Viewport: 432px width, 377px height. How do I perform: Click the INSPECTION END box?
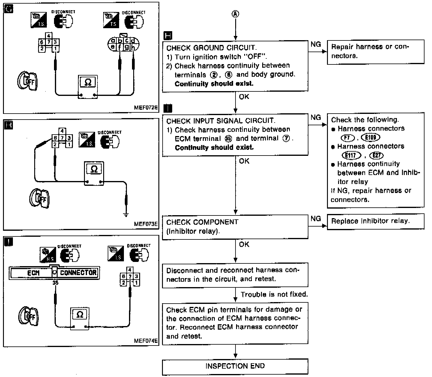235,366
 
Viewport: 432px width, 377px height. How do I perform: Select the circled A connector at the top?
235,14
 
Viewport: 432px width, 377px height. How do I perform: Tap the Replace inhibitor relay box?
375,221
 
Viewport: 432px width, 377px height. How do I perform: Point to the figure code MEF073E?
146,224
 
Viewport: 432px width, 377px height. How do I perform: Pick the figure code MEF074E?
146,341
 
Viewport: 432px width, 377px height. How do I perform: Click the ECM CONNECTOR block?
54,273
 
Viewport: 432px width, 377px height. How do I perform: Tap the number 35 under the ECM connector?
55,283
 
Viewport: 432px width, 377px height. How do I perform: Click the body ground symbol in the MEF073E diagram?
126,215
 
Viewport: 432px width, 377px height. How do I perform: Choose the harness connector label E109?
371,138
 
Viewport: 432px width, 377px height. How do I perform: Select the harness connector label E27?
377,155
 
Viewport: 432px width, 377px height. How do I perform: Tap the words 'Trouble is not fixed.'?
274,294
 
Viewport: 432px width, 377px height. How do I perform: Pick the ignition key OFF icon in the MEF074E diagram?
27,316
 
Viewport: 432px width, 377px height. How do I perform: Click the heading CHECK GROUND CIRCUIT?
211,48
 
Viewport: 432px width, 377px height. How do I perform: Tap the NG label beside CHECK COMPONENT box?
316,218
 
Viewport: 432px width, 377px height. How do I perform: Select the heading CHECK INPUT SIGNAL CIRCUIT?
220,121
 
